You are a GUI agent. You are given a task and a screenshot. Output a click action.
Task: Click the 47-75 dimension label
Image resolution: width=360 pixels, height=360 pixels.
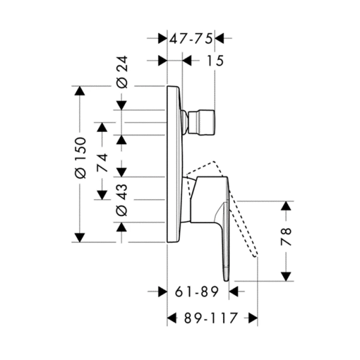point(191,38)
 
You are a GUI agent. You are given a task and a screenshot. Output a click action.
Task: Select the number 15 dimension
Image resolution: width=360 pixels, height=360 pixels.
point(215,61)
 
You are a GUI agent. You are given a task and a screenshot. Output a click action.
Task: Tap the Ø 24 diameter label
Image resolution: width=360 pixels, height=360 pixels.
point(122,72)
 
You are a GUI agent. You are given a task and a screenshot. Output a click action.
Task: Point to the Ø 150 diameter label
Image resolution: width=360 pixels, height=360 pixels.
point(80,158)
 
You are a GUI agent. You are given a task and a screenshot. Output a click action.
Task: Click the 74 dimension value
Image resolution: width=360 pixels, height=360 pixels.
point(102,163)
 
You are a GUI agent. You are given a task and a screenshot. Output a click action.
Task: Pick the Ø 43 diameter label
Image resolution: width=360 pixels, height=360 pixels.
point(122,200)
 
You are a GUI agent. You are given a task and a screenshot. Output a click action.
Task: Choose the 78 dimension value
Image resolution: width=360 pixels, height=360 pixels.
point(286,237)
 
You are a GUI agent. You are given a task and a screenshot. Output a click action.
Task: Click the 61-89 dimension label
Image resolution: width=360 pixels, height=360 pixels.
point(197,292)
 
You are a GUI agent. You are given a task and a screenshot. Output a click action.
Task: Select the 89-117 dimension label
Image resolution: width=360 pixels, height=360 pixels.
point(211,318)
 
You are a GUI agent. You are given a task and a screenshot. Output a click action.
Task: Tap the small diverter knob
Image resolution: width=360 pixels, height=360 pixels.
point(202,122)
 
